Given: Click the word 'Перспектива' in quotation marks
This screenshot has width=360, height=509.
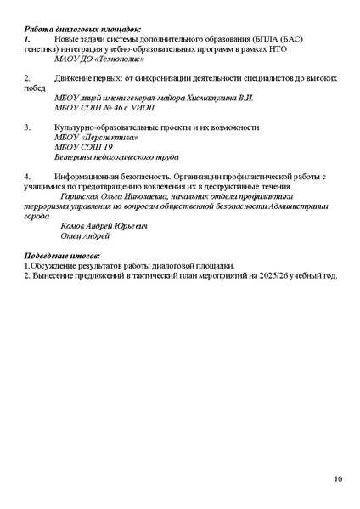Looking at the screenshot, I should click(x=109, y=137).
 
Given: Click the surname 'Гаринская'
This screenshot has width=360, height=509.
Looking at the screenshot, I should click(x=86, y=195).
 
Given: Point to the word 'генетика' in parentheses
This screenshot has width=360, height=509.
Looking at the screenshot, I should click(x=38, y=49).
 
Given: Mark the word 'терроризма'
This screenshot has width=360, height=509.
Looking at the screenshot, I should click(x=44, y=206).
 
